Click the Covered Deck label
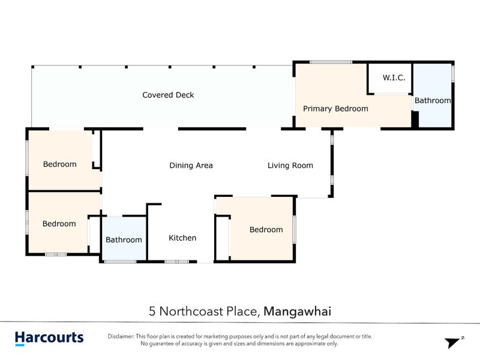point(168,95)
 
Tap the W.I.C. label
point(394,77)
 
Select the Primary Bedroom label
point(335,109)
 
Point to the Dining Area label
point(191,166)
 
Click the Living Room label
point(290,166)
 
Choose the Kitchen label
point(182,238)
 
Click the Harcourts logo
point(49,338)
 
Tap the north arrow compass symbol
point(454,341)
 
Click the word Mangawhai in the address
point(297,311)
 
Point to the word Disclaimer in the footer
point(121,336)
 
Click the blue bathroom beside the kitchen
point(124,238)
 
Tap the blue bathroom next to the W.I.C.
point(433,95)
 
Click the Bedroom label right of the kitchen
point(266,230)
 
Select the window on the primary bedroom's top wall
point(331,62)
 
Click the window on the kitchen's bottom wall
point(177,262)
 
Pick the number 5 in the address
point(152,311)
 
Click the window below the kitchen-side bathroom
point(121,262)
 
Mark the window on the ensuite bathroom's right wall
point(453,74)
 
